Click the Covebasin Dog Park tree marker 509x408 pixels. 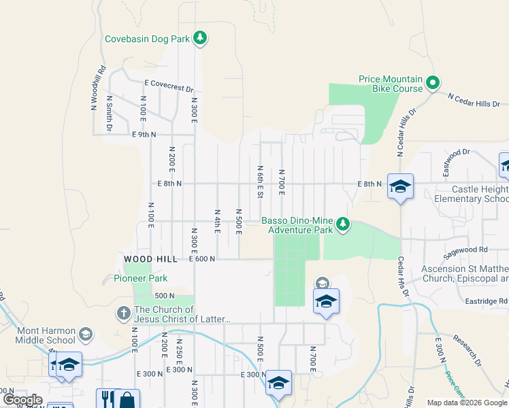tap(199, 38)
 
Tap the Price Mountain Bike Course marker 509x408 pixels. tap(433, 84)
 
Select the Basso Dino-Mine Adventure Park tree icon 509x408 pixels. tap(344, 224)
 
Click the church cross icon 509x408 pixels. tap(123, 313)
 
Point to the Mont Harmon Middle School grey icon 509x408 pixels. tap(86, 334)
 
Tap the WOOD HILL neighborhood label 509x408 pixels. tap(150, 259)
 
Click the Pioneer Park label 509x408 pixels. tap(140, 278)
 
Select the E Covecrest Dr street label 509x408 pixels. tap(169, 86)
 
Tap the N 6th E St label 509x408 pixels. tap(260, 181)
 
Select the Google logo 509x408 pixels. tap(22, 400)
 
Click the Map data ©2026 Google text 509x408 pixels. tap(466, 403)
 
